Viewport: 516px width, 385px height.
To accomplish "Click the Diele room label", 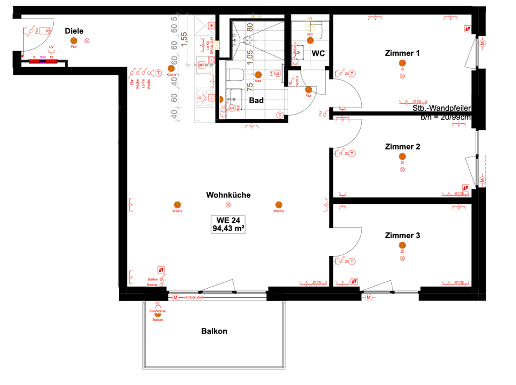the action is (74, 31).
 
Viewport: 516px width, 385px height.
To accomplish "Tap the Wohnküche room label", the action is (228, 195).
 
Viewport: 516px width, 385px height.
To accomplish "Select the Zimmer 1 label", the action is (402, 53).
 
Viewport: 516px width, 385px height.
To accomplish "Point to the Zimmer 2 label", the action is (402, 147).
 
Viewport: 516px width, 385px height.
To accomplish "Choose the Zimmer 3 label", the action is (402, 236).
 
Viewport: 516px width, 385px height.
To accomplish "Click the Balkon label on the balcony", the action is (214, 331).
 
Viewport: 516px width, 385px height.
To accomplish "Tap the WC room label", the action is (318, 53).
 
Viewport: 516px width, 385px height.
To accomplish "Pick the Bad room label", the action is (256, 101).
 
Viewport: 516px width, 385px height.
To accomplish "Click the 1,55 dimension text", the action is (184, 40).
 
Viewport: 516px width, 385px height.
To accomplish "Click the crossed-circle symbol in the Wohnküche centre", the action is (228, 205).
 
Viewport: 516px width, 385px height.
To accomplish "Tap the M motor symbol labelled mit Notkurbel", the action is (175, 297).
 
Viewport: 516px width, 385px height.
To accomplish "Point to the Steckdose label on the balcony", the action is (157, 311).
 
